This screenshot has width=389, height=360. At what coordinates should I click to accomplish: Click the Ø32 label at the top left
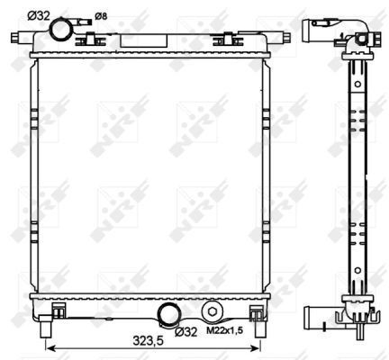point(38,15)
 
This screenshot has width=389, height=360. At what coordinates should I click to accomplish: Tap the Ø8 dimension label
point(101,16)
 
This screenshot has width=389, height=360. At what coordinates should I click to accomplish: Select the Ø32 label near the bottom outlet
point(185,331)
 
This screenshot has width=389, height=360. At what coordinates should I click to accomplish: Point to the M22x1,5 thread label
point(225,330)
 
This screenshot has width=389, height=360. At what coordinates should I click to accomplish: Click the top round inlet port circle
point(60,30)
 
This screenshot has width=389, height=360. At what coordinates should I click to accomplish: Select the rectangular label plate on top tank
point(143,40)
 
